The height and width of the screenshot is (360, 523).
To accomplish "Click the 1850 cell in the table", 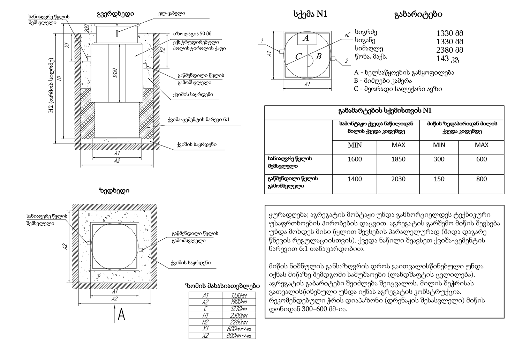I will tap(398, 159).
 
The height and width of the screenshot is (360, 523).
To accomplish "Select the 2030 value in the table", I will tap(398, 179).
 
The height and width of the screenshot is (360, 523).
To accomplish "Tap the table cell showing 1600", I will tap(355, 159).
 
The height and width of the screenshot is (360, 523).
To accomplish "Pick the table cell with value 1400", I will tap(355, 179).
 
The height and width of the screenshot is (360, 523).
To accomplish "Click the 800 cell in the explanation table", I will tap(482, 179).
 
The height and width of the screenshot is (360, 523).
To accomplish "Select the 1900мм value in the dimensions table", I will tap(239, 302).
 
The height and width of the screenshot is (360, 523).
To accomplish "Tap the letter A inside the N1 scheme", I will tap(306, 38).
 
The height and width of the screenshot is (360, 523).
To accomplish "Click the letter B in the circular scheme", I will tap(318, 56).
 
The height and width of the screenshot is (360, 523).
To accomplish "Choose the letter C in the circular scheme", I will tap(298, 57).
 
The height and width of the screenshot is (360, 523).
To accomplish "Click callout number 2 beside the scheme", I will tap(346, 61).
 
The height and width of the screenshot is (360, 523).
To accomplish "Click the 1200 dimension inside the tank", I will tap(115, 72).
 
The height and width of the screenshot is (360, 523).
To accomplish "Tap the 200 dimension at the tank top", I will tap(86, 28).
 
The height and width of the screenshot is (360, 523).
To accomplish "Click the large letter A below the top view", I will tap(121, 315).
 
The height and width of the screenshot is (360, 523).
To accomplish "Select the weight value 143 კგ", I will tap(447, 59).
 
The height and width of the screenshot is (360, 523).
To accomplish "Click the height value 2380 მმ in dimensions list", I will tap(449, 50).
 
